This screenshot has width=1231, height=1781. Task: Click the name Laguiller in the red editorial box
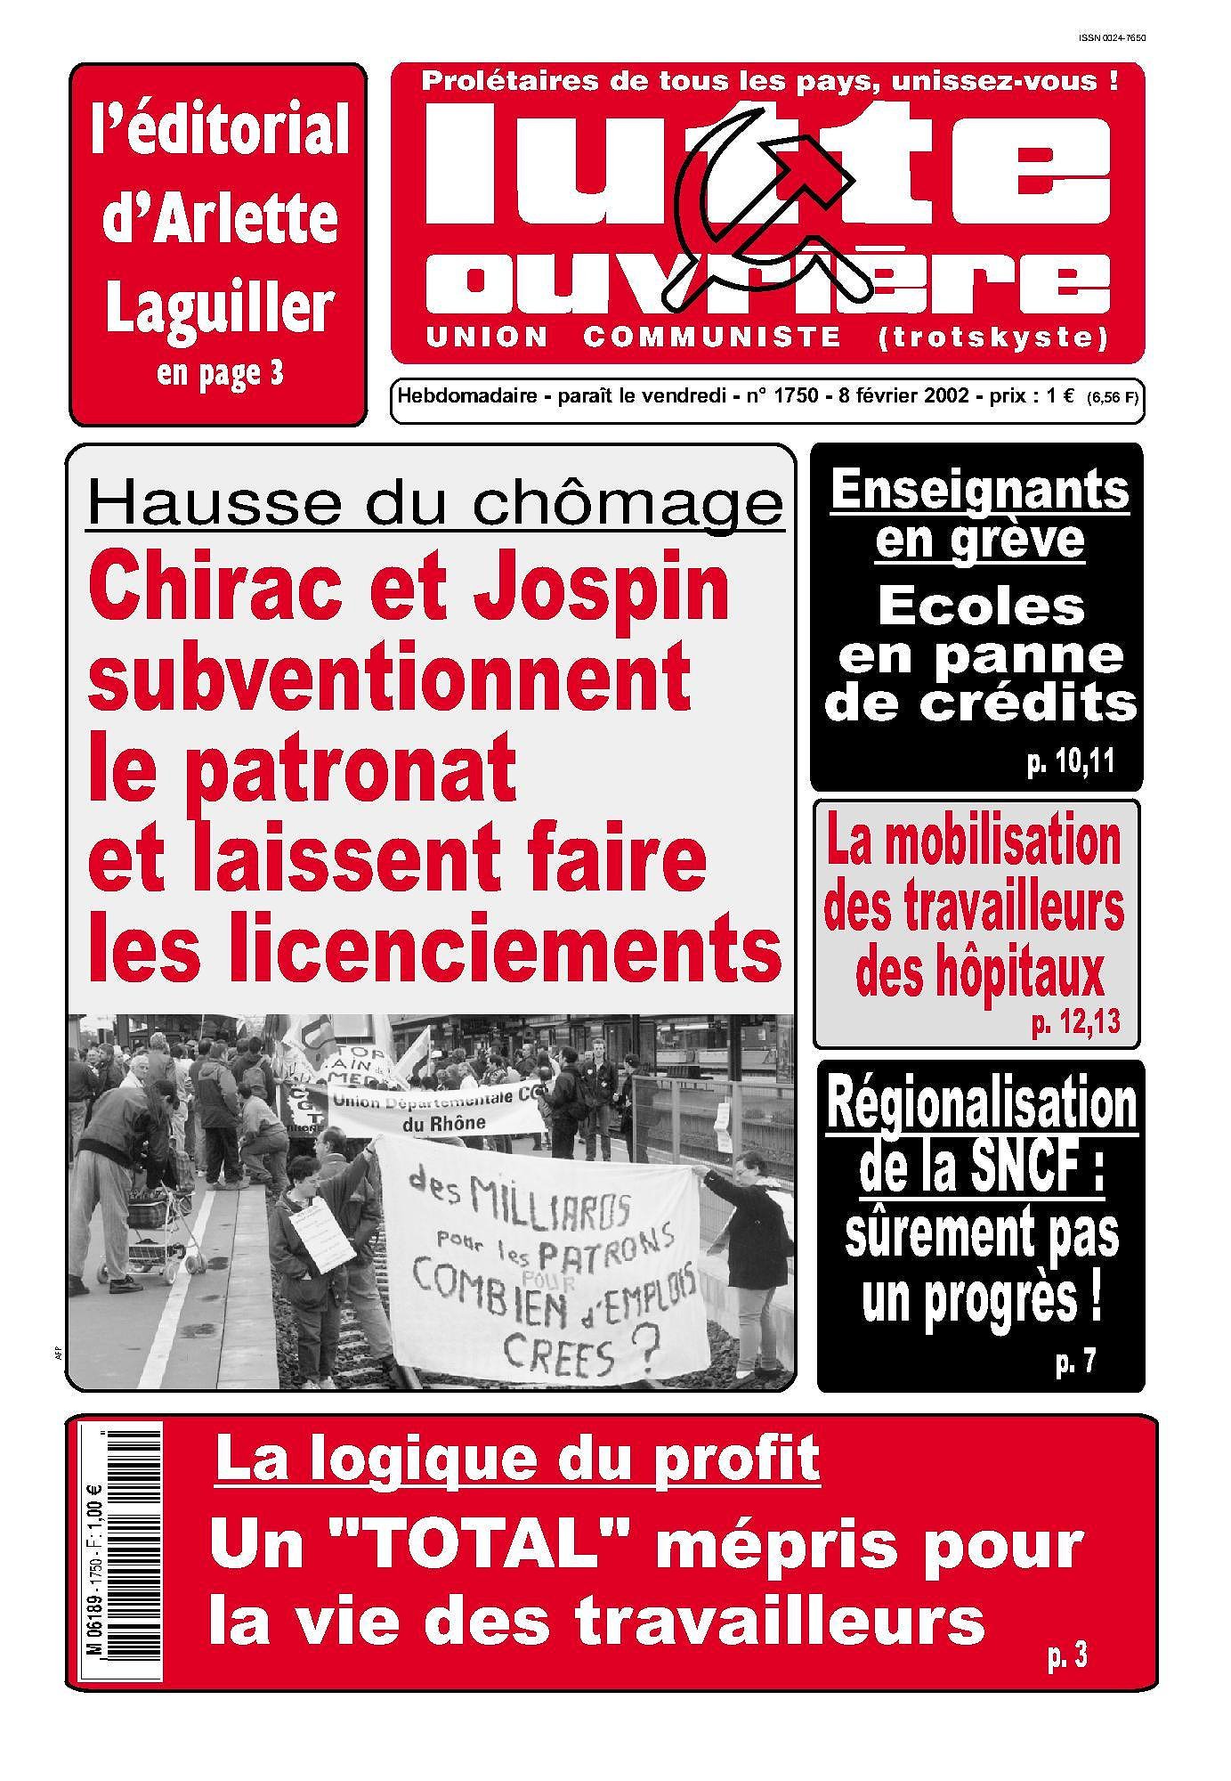click(218, 309)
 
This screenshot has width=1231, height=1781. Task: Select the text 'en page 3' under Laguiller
click(219, 372)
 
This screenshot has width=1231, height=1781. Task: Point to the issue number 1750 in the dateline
click(796, 396)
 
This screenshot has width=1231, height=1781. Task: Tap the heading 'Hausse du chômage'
click(435, 504)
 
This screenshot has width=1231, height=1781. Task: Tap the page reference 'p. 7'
click(1074, 1361)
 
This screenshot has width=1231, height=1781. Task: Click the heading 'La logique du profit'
click(517, 1460)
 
